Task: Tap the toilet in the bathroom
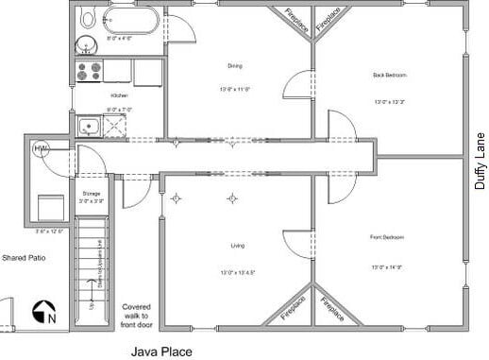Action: point(88,17)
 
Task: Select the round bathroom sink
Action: point(85,43)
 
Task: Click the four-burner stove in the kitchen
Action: point(89,70)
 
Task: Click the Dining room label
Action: point(235,65)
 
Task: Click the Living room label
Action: point(238,246)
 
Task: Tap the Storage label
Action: point(91,193)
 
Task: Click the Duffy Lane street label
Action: point(480,160)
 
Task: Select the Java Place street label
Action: point(160,351)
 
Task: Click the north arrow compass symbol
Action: point(44,311)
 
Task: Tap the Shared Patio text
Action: point(25,257)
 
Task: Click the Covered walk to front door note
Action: point(136,316)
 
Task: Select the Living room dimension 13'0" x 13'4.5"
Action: point(239,272)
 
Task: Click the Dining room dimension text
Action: point(237,90)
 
